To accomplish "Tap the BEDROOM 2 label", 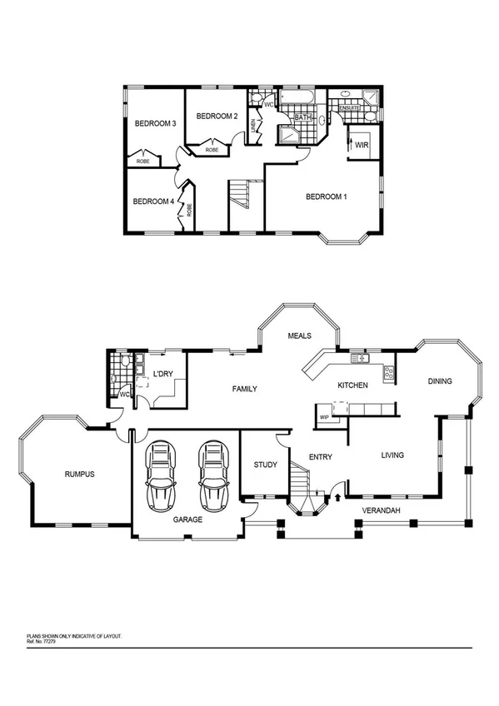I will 217,117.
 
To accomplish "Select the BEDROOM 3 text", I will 155,124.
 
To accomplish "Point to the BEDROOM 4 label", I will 153,201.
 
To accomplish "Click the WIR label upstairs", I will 361,145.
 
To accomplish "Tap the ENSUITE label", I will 350,107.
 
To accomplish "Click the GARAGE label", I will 187,519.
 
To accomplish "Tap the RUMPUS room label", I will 80,475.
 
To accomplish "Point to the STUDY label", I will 265,465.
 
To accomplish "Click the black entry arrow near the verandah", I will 337,499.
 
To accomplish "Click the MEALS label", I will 299,336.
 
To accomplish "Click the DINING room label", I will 439,381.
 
